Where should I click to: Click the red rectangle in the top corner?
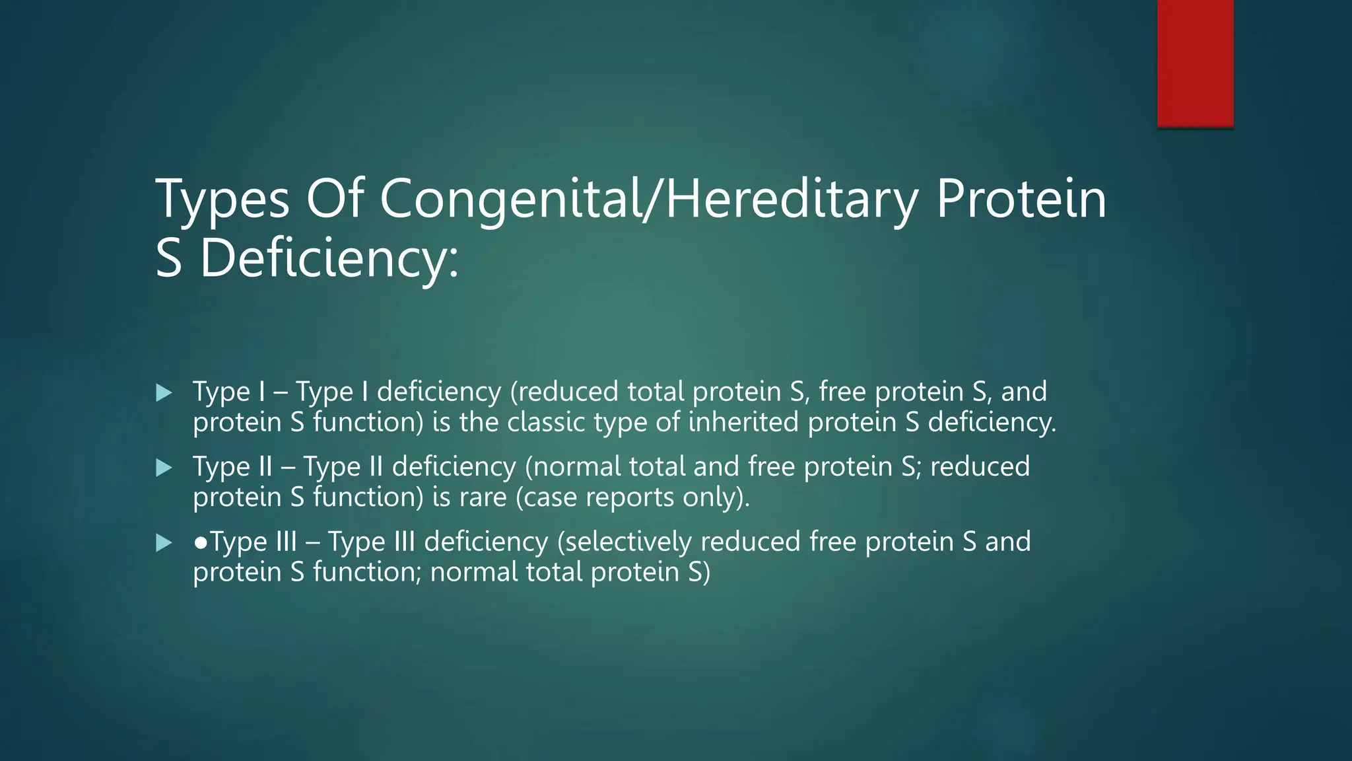[1195, 63]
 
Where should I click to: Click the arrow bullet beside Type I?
[164, 393]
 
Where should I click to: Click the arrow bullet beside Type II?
[164, 468]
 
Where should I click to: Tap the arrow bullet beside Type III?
[164, 543]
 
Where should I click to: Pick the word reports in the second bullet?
[629, 497]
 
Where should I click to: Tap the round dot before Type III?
[201, 542]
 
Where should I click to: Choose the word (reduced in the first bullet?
[564, 392]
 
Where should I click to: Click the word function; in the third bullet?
[367, 572]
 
